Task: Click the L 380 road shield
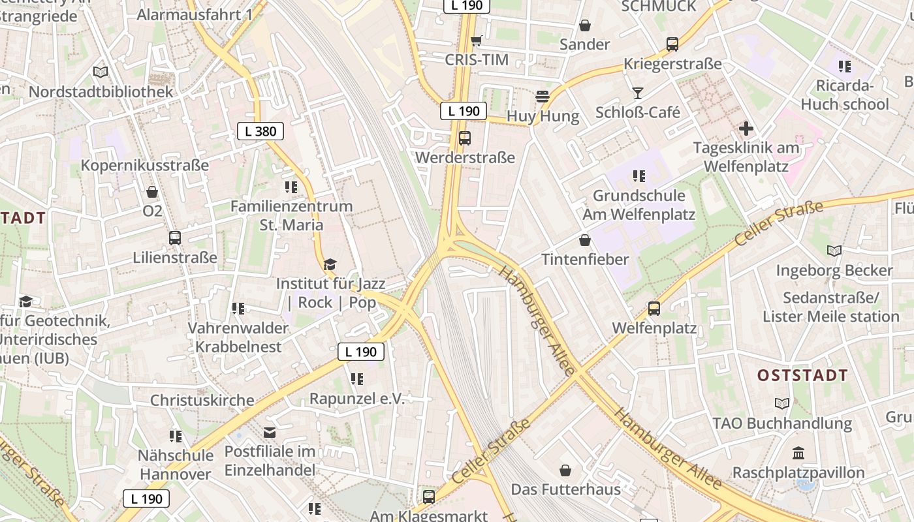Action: coord(260,131)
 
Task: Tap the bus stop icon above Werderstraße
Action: coord(465,138)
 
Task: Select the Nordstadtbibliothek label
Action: coord(101,91)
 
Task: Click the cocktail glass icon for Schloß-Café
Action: coord(638,93)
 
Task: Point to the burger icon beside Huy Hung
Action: coord(542,97)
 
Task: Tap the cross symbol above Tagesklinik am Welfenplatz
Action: coord(746,129)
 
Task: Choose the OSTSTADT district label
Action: coord(802,375)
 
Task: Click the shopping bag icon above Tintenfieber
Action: coord(585,240)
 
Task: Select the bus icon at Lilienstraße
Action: coord(175,238)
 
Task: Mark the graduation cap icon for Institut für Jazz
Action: coord(330,264)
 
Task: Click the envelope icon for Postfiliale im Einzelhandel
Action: coord(270,432)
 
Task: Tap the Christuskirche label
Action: coord(202,400)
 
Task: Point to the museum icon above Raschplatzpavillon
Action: coord(798,453)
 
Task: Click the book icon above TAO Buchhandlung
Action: coord(782,403)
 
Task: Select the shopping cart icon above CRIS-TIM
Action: coord(477,40)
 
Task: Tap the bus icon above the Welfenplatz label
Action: coord(654,308)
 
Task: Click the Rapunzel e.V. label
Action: coord(357,398)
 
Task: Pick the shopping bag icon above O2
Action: coord(152,192)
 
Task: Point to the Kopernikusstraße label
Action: coord(144,165)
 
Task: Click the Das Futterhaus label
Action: coord(565,489)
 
